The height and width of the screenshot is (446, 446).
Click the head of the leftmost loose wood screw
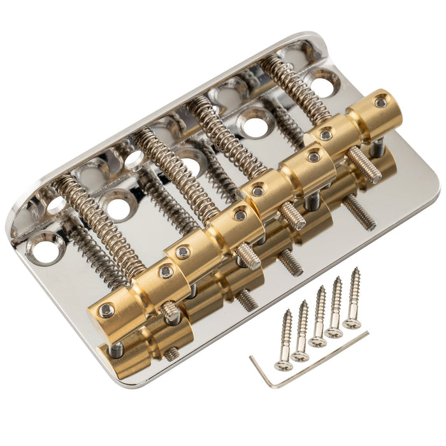[x=284, y=365]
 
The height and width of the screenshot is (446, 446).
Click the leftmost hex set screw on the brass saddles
[x=107, y=310]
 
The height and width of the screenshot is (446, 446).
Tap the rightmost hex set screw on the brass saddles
[x=380, y=102]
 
